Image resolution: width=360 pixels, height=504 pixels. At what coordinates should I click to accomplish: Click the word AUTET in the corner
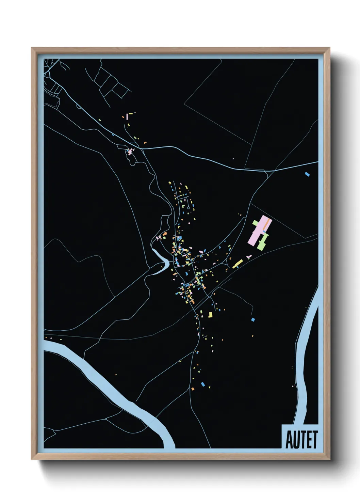tap(301, 440)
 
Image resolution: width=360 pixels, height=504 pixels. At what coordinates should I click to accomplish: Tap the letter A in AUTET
tap(289, 440)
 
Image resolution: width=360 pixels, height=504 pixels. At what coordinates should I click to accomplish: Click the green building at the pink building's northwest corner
tap(255, 223)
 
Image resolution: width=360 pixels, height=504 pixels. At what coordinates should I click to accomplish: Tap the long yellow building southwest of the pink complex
tap(238, 263)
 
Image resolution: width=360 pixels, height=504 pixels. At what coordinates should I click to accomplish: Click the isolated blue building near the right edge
tap(308, 174)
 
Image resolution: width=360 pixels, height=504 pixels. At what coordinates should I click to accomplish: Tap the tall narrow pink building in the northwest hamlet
tap(127, 116)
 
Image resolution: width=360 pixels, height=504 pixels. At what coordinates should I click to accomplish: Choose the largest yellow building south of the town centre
tap(210, 315)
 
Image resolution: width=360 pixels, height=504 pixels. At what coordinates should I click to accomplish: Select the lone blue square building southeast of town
tap(253, 319)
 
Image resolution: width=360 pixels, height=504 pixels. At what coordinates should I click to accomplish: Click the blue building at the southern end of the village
tap(203, 384)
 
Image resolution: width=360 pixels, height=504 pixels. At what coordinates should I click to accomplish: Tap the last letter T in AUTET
tap(314, 440)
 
